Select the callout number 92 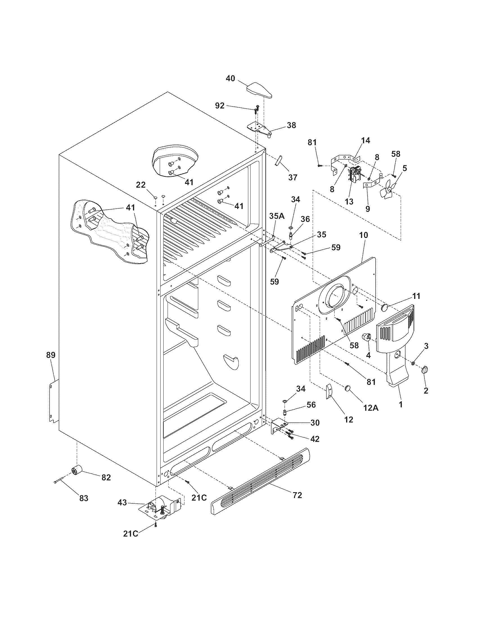click(220, 106)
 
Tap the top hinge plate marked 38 click(260, 129)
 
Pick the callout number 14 click(366, 140)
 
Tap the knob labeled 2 click(425, 370)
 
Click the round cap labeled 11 click(385, 307)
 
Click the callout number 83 click(84, 498)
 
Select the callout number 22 click(141, 185)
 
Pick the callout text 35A click(276, 217)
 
